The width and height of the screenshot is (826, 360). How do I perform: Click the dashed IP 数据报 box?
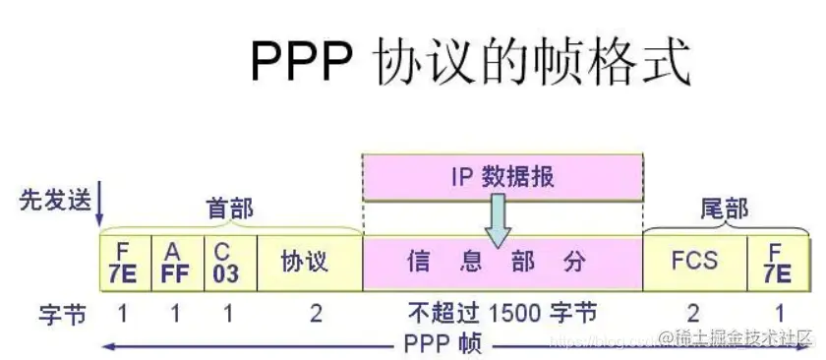pyautogui.click(x=502, y=177)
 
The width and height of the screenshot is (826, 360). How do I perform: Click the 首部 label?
pyautogui.click(x=229, y=209)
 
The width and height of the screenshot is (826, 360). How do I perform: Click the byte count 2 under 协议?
pyautogui.click(x=316, y=315)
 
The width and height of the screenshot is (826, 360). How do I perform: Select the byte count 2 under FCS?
pyautogui.click(x=693, y=315)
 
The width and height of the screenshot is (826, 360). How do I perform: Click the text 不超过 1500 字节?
pyautogui.click(x=501, y=315)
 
